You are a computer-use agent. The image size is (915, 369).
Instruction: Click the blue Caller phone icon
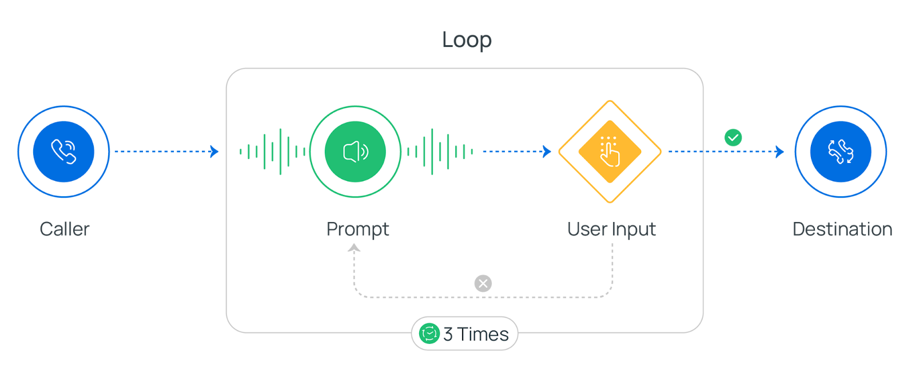point(63,152)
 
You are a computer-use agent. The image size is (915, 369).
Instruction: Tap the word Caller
point(65,229)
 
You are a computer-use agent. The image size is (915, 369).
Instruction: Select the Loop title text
point(467,40)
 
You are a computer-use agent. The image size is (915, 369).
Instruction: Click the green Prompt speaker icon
point(355,152)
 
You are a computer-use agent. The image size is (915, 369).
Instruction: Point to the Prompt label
point(357,229)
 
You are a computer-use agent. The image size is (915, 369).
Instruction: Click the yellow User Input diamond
point(610,152)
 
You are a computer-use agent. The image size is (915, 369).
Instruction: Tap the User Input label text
point(611,229)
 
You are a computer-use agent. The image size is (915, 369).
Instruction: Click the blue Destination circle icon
point(841,152)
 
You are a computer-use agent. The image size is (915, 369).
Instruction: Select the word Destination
point(842,229)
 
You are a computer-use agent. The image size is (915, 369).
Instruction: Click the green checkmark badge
point(733,137)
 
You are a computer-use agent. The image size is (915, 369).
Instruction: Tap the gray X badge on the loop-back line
point(483,283)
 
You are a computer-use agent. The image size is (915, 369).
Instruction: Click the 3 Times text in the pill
point(476,334)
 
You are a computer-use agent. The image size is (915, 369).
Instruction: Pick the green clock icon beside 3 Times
point(429,334)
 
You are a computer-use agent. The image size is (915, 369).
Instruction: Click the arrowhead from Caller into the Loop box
point(215,152)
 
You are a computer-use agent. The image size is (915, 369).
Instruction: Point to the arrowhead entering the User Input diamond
point(547,152)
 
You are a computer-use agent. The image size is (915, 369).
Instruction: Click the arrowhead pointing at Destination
point(780,152)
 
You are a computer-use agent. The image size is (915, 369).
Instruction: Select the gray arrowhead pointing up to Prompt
point(355,248)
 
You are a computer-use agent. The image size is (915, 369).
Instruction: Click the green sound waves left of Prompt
point(273,152)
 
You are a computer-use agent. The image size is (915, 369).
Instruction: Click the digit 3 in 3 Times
point(448,334)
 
